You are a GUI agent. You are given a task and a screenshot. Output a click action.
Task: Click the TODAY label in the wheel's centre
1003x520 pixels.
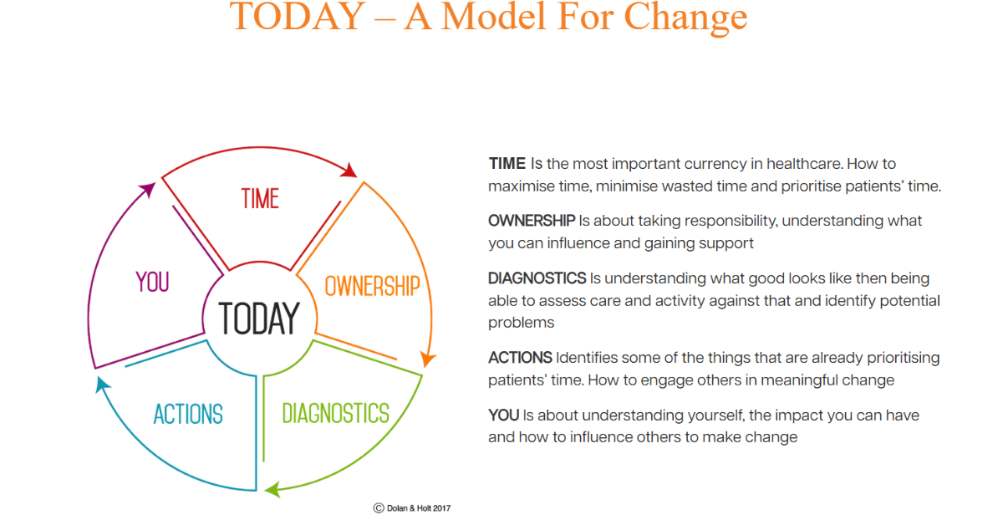coord(259,318)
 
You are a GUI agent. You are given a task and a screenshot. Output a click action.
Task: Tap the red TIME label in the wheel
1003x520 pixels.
coord(260,198)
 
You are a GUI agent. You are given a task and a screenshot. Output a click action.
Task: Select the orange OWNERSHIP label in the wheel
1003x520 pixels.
coord(372,286)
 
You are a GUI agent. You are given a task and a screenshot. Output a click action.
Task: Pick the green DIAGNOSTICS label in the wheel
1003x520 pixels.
coord(335,413)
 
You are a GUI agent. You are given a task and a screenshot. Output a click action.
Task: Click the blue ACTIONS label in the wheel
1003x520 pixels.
coord(188,414)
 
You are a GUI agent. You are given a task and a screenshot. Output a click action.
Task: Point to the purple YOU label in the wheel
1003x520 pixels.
coord(152,282)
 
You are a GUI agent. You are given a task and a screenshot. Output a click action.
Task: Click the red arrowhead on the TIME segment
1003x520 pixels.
coord(349,171)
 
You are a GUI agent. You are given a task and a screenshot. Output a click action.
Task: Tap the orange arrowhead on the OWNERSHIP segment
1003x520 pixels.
coord(428,359)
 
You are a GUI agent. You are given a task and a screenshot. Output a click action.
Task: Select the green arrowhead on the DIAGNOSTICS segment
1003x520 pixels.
coord(272,490)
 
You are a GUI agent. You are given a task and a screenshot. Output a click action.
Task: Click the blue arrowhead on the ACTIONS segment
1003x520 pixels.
coord(102,385)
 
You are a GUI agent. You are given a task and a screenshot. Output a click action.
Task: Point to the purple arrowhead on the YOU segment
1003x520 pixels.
coord(148,190)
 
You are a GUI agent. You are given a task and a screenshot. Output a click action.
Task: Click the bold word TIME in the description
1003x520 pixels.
coord(507,164)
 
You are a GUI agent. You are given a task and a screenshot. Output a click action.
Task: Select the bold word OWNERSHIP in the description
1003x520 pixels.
coord(532,221)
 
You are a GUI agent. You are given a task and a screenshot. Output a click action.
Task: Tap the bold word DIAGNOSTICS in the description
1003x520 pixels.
coord(537,278)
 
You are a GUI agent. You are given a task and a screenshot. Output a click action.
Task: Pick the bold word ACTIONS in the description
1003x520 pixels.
coord(520,358)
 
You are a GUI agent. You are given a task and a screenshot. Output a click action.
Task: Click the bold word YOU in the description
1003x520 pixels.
coord(504,415)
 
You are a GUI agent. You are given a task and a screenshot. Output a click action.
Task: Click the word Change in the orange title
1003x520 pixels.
coord(685,18)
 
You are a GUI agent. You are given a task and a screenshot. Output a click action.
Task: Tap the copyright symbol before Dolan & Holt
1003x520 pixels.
coord(379,508)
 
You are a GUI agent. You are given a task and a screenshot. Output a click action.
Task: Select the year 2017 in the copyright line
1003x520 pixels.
coord(441,508)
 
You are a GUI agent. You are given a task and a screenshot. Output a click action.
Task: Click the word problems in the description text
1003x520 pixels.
coord(521,323)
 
